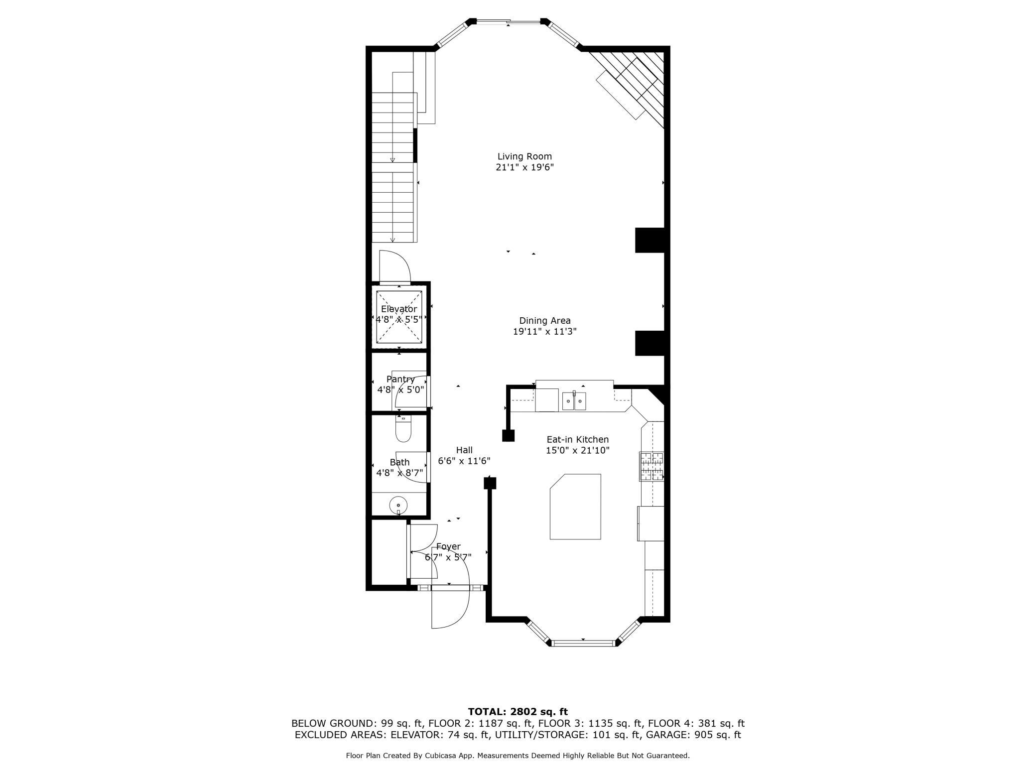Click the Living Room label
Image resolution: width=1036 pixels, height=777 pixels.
tap(524, 156)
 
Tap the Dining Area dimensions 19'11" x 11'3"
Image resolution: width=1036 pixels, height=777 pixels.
tap(545, 332)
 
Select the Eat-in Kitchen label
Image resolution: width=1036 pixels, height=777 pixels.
tap(578, 439)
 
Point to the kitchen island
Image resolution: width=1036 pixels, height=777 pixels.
tap(575, 507)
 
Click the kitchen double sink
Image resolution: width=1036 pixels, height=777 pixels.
tap(574, 401)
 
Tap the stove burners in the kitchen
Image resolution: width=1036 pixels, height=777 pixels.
tap(652, 466)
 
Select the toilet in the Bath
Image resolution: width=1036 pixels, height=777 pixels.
tap(403, 429)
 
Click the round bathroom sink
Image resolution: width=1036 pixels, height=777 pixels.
tap(398, 506)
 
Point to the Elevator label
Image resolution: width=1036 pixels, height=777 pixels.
tap(399, 309)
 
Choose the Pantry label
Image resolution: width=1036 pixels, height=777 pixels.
tap(400, 379)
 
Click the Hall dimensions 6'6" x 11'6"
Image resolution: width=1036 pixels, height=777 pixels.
tap(464, 461)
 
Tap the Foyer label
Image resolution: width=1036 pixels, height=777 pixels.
tap(448, 546)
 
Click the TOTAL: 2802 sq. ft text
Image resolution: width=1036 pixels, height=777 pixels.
tap(518, 712)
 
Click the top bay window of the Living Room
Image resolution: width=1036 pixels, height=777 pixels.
tap(509, 21)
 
